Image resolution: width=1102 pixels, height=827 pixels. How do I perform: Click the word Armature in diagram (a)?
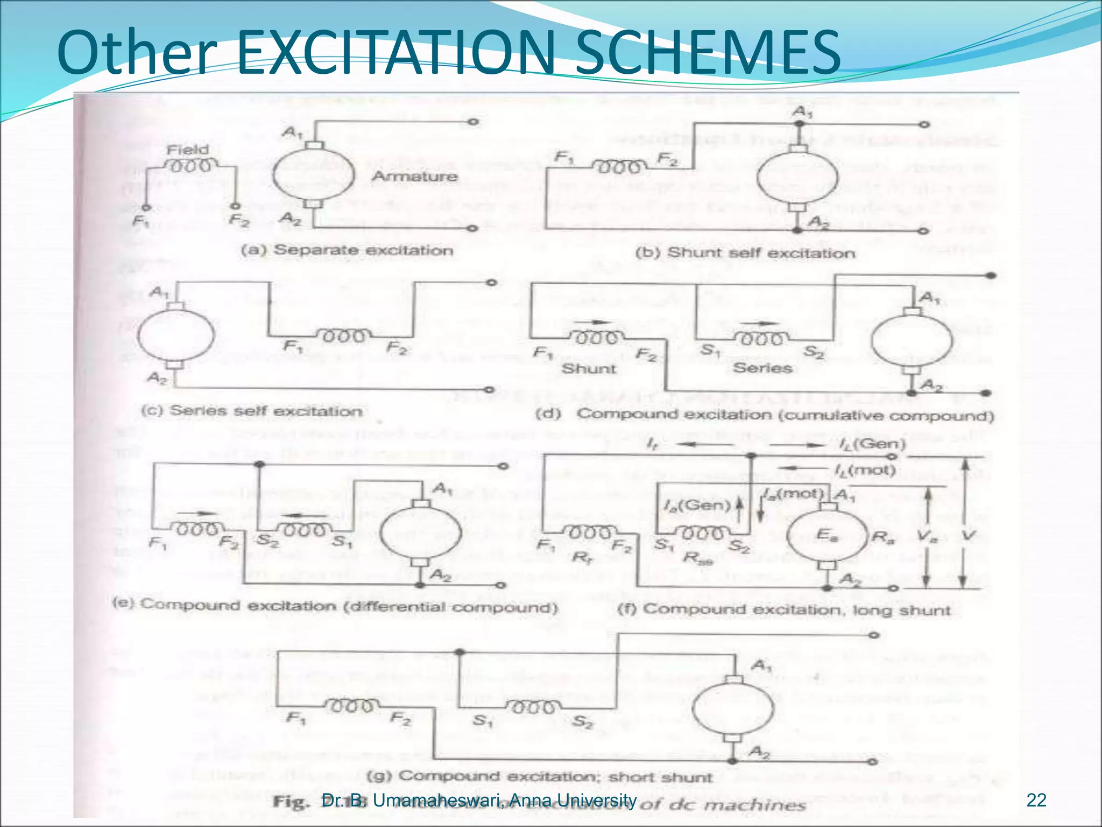pyautogui.click(x=414, y=176)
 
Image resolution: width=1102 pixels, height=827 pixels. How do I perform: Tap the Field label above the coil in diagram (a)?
pyautogui.click(x=187, y=150)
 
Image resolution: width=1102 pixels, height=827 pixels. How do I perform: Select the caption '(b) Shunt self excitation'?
pyautogui.click(x=745, y=253)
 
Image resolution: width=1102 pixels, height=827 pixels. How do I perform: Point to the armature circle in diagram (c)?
pyautogui.click(x=176, y=335)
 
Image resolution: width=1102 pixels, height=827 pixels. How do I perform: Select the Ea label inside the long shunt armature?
pyautogui.click(x=826, y=535)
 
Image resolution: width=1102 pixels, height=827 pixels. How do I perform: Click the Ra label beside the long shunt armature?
pyautogui.click(x=882, y=536)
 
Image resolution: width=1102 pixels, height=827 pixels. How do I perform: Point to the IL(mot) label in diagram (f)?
pyautogui.click(x=865, y=471)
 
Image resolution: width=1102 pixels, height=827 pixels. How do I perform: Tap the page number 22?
pyautogui.click(x=1036, y=801)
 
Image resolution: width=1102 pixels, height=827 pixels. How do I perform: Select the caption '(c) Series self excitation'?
pyautogui.click(x=251, y=411)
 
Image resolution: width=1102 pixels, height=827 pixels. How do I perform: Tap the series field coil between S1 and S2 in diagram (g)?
pyautogui.click(x=533, y=706)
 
